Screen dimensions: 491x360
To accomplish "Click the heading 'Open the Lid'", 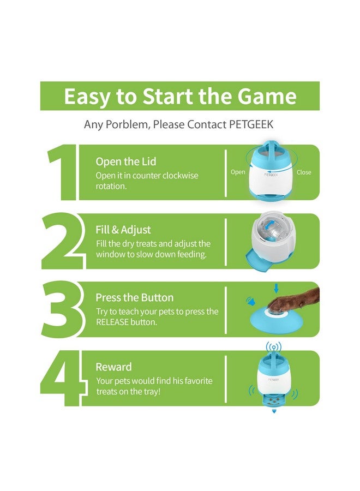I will (x=125, y=161).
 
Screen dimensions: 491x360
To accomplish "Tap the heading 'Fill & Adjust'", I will (x=123, y=230).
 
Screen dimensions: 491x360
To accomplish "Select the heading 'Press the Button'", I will (x=134, y=298).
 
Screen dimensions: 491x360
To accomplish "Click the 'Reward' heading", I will (x=113, y=367).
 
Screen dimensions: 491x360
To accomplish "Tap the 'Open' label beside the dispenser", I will (x=238, y=172).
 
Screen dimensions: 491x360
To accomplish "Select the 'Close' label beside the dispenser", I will (x=304, y=172).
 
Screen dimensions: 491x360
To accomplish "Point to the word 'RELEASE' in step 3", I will (x=114, y=322).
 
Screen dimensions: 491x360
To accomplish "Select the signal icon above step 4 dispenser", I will (x=274, y=347).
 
